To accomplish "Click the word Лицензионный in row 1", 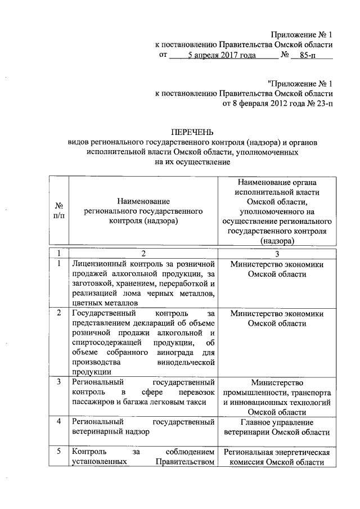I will click(99, 263).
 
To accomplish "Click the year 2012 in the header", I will click(281, 103).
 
